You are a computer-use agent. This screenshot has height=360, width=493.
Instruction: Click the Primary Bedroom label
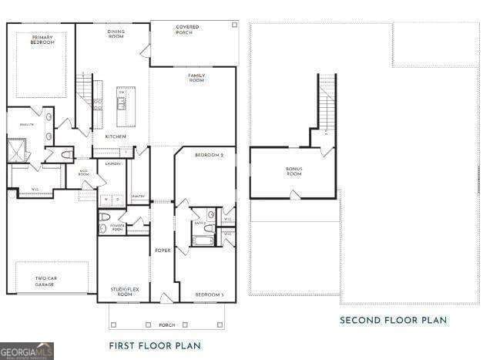[x=43, y=39]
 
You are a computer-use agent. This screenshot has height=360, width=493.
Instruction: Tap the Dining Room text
[x=116, y=34]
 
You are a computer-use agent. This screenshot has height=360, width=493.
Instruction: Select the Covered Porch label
[x=187, y=30]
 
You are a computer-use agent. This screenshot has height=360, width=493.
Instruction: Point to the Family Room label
[x=196, y=78]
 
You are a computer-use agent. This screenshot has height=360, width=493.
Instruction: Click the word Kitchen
[x=116, y=136]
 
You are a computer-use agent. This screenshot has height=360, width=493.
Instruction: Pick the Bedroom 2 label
[x=209, y=156]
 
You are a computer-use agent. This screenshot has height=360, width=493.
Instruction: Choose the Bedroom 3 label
[x=209, y=294]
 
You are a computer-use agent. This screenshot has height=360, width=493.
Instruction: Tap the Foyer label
[x=163, y=250]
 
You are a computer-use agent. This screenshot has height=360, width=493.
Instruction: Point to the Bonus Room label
[x=293, y=171]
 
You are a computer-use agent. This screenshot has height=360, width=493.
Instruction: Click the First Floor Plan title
[x=155, y=345]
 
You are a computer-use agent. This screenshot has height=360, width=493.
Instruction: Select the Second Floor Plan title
[x=393, y=320]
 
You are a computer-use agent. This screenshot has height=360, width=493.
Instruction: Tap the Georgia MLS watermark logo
[x=27, y=352]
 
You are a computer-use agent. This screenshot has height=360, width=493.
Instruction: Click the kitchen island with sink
[x=122, y=107]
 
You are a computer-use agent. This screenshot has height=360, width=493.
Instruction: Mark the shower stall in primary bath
[x=17, y=150]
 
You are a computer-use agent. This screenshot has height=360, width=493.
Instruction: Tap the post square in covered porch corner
[x=233, y=25]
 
